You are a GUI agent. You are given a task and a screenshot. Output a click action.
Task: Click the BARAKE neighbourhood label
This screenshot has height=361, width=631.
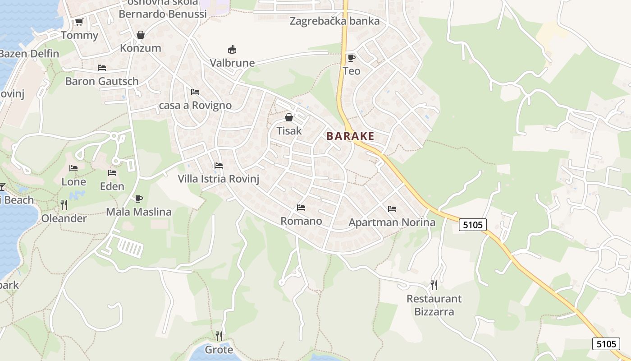point(350,136)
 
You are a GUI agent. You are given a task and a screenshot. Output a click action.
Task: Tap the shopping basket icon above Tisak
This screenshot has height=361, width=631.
point(288,117)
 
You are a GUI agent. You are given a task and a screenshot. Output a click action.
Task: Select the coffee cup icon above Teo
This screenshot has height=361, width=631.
point(351,58)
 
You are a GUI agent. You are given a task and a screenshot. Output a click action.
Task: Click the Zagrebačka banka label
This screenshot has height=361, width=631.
point(334,21)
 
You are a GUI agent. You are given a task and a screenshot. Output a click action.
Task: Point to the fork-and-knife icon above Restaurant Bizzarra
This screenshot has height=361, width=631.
point(434,285)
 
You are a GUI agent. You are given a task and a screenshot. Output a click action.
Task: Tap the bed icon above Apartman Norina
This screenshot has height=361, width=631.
point(392,209)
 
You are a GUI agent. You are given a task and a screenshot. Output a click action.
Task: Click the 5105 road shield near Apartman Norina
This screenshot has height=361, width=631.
point(473,224)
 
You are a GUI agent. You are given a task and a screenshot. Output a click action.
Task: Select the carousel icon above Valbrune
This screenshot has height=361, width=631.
point(232,49)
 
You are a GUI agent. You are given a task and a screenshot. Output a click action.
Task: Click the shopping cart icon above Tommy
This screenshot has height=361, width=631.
point(79,22)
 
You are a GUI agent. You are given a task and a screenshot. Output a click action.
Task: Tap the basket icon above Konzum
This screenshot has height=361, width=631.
point(141,35)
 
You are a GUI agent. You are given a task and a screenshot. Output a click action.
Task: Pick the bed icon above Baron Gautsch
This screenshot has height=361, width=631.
point(102,68)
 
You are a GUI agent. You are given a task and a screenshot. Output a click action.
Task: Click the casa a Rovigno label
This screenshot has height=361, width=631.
point(195,105)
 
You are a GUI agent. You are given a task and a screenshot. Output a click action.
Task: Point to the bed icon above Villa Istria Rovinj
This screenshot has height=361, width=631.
point(219,165)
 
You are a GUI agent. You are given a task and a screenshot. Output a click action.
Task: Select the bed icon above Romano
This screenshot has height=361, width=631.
point(301,208)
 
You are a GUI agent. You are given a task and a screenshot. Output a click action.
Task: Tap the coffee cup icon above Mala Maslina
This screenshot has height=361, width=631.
point(139,199)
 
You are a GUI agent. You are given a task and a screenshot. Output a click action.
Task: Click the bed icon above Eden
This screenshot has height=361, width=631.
point(112,173)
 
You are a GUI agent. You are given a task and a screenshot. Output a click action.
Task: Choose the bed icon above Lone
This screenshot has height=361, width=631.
point(73,168)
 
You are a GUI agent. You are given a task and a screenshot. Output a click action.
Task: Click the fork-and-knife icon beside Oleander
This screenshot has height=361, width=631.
point(64,205)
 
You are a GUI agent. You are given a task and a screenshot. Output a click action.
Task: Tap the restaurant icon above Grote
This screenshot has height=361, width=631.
point(219,336)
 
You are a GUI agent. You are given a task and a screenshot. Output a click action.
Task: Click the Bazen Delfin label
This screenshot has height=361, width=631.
point(29,54)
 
